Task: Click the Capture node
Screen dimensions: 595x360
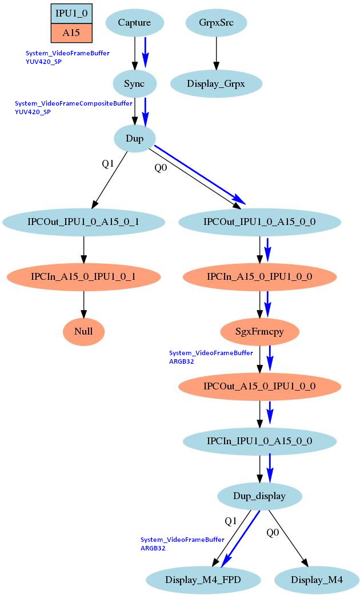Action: pyautogui.click(x=135, y=23)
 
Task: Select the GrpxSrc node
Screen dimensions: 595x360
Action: pyautogui.click(x=216, y=23)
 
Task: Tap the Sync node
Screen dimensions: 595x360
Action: pyautogui.click(x=135, y=84)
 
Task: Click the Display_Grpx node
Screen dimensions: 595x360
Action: pyautogui.click(x=216, y=84)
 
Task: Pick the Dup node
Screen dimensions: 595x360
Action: pyautogui.click(x=135, y=138)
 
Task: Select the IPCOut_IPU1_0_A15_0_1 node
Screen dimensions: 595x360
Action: pyautogui.click(x=84, y=222)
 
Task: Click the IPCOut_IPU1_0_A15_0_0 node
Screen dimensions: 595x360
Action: pyautogui.click(x=260, y=222)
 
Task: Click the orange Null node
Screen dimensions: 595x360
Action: pyautogui.click(x=84, y=331)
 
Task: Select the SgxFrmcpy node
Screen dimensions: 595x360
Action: pyautogui.click(x=260, y=331)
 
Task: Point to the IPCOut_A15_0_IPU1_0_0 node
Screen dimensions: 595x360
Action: pyautogui.click(x=260, y=387)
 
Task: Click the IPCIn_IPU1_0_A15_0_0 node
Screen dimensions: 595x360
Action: pyautogui.click(x=260, y=441)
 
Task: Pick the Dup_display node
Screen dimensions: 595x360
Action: pyautogui.click(x=260, y=496)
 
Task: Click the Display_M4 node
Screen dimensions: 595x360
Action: pyautogui.click(x=317, y=580)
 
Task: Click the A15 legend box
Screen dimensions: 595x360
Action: pyautogui.click(x=71, y=33)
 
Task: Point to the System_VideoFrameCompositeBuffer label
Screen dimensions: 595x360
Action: pyautogui.click(x=73, y=104)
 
